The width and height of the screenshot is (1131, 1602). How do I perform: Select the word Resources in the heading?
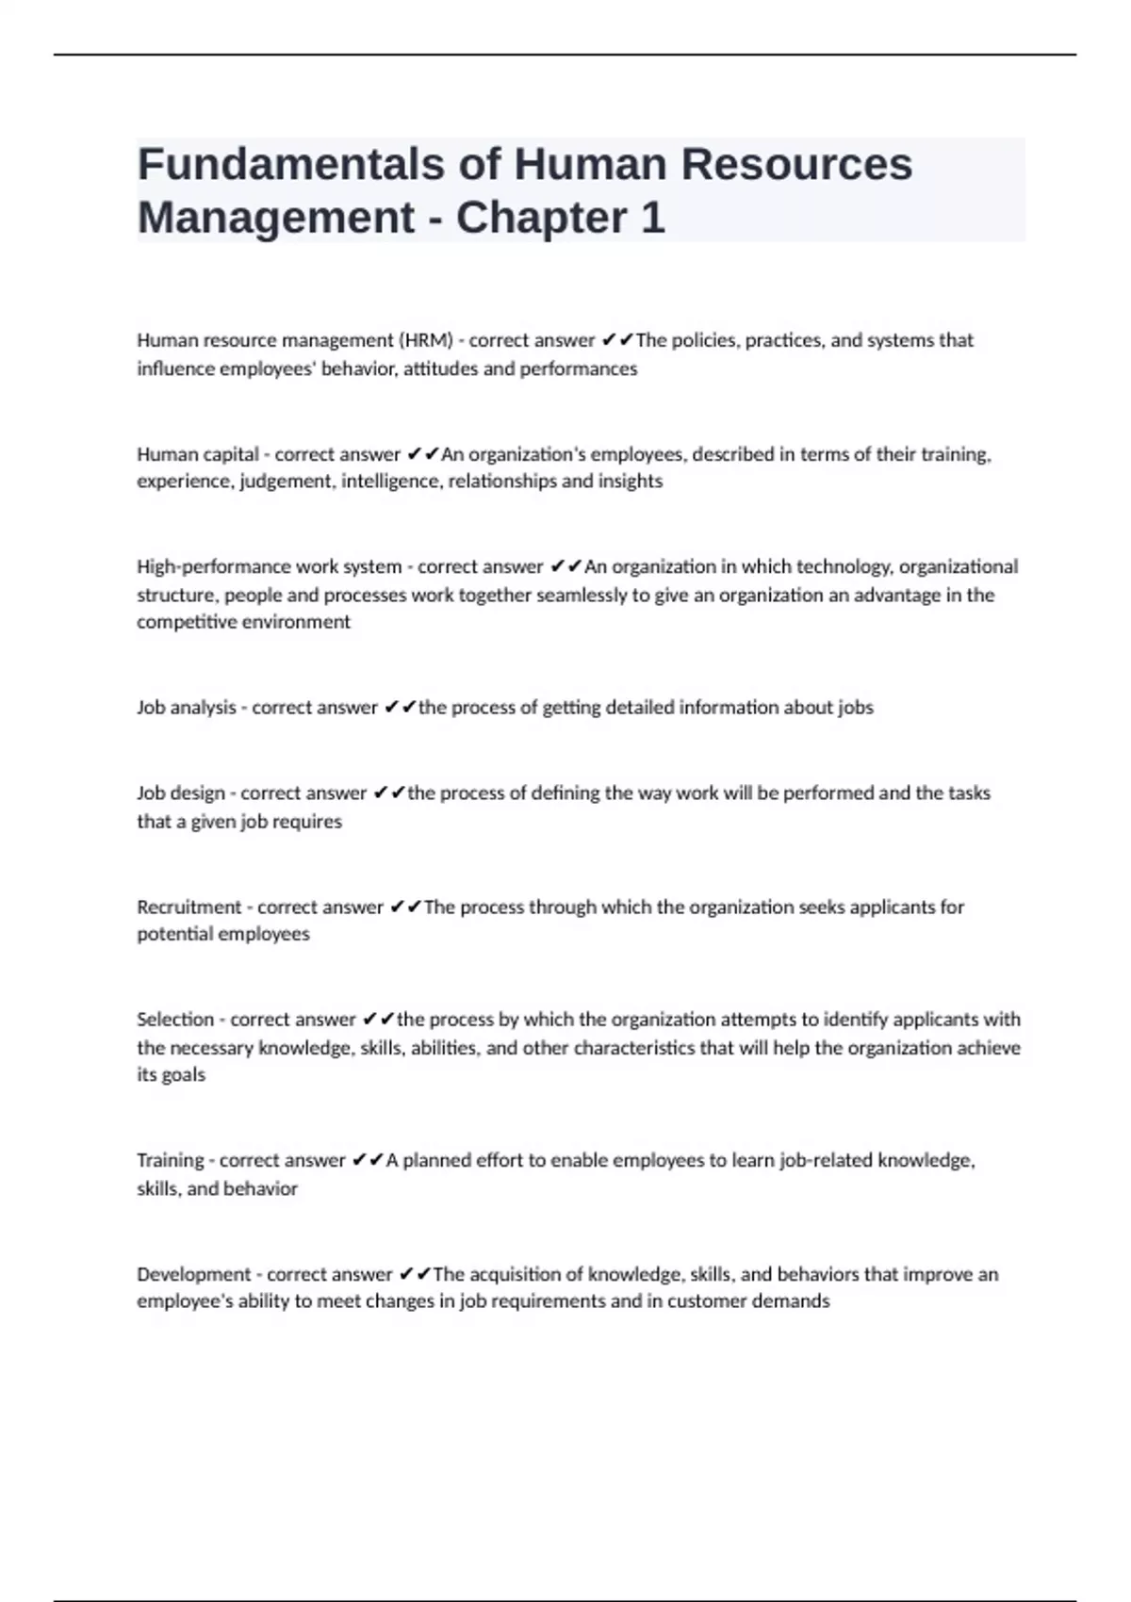(796, 164)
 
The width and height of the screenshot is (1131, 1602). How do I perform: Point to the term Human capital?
(198, 454)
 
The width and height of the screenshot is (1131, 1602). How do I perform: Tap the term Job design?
(181, 793)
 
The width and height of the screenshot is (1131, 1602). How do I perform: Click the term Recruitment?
(189, 907)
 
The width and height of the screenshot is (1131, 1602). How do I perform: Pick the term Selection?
(175, 1020)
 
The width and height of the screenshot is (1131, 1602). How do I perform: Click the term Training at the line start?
(171, 1160)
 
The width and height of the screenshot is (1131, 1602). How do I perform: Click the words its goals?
(171, 1075)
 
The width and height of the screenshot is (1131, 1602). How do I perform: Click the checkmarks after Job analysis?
(400, 708)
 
